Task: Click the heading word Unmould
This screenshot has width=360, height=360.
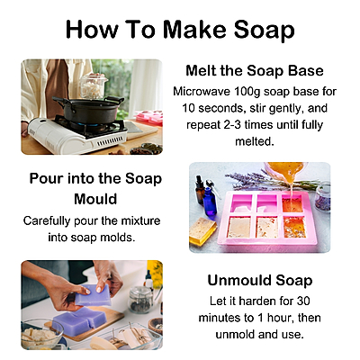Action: click(231, 281)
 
